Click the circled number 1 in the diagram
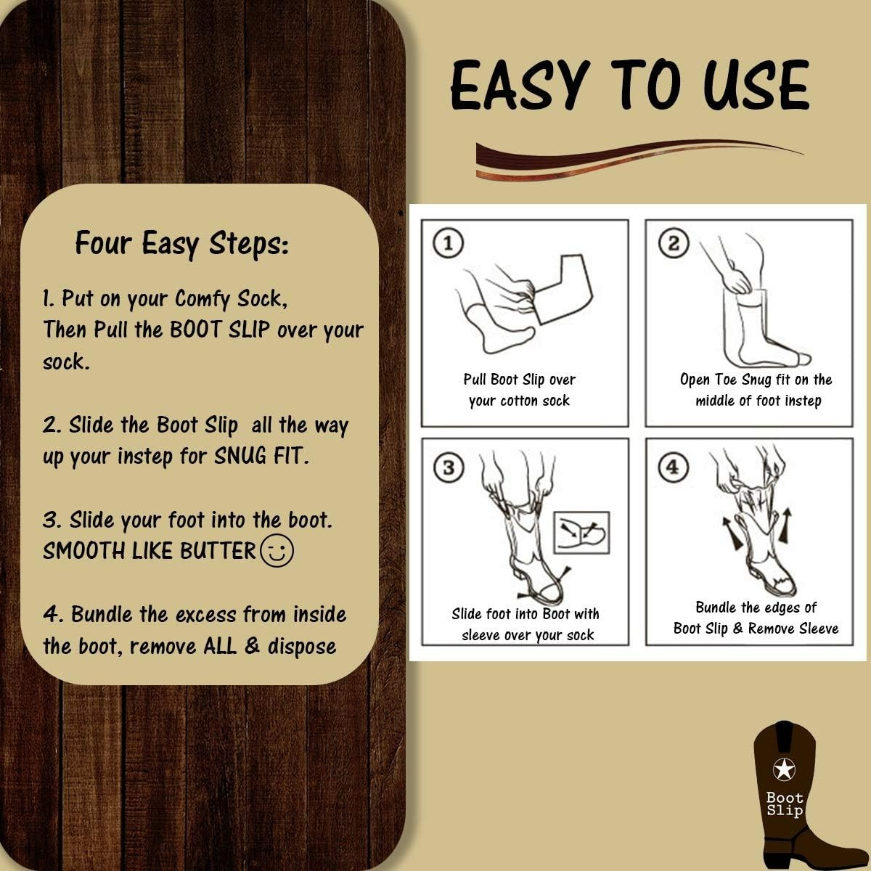click(x=449, y=243)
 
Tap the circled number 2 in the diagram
click(x=674, y=243)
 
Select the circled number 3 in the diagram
click(x=449, y=467)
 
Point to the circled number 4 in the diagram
click(x=674, y=467)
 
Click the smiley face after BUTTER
click(x=277, y=551)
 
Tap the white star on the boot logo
click(x=784, y=769)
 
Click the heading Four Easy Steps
click(x=181, y=243)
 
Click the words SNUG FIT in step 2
click(x=261, y=456)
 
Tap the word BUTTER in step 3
click(x=218, y=550)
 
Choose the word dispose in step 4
click(x=302, y=646)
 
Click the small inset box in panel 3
click(x=581, y=533)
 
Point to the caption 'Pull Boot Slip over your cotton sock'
click(x=520, y=390)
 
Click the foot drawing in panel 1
click(x=495, y=327)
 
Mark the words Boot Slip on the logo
click(x=785, y=804)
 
